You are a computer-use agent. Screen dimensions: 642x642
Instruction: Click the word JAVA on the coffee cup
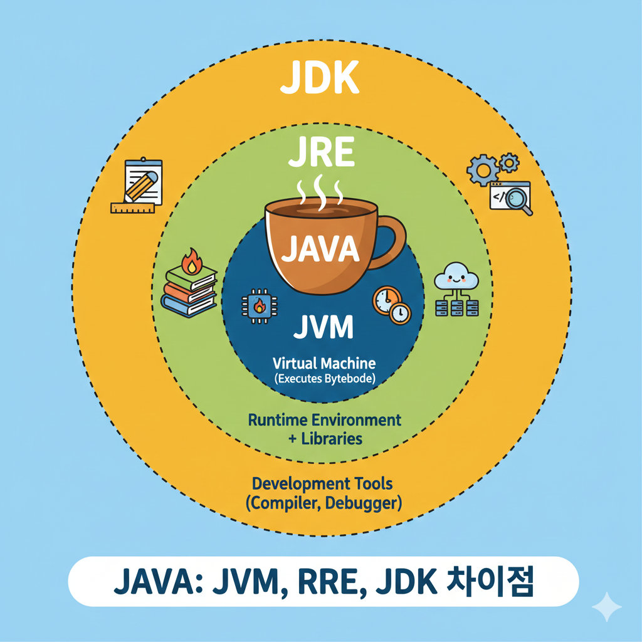tap(320, 248)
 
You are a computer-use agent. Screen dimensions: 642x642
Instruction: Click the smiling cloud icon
tap(457, 276)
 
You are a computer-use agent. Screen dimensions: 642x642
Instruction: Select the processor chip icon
tap(256, 306)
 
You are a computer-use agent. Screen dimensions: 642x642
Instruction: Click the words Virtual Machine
tap(324, 362)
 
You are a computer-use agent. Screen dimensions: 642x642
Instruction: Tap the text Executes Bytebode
tap(324, 378)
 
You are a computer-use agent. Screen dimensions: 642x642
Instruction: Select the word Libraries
tap(332, 438)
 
